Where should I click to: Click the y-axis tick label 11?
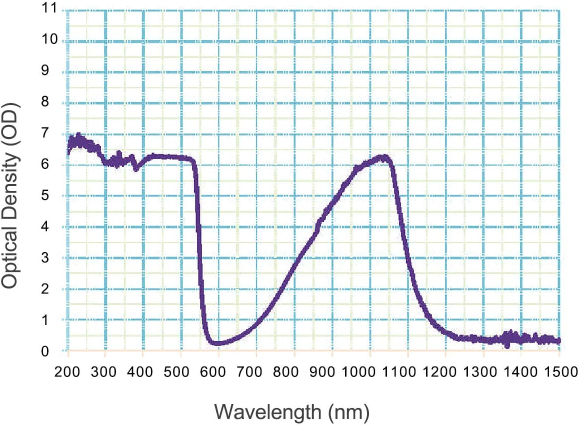(x=48, y=9)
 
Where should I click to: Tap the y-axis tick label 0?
(x=51, y=351)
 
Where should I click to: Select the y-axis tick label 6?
(x=51, y=165)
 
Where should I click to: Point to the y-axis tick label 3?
(x=51, y=258)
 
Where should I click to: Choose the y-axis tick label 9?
(x=51, y=71)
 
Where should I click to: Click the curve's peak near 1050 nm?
(x=383, y=157)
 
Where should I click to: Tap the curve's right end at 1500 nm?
(x=558, y=340)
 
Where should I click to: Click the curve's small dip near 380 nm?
(x=135, y=168)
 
